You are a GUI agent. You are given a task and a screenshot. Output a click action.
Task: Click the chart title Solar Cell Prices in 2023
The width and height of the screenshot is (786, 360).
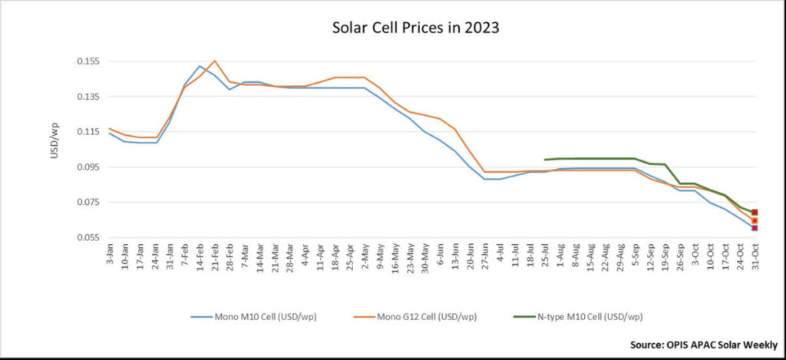tap(415, 28)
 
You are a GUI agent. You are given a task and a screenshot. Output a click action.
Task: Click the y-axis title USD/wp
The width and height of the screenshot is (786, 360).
tap(54, 141)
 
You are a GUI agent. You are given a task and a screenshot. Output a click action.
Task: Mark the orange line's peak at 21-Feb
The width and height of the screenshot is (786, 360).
tap(215, 61)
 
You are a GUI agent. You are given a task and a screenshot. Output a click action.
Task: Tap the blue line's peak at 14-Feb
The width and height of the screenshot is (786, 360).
tap(200, 66)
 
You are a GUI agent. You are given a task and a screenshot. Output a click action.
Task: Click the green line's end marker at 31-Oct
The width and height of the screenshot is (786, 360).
tap(755, 213)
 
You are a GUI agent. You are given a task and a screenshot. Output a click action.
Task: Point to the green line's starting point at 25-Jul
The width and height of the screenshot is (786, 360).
tap(544, 160)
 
